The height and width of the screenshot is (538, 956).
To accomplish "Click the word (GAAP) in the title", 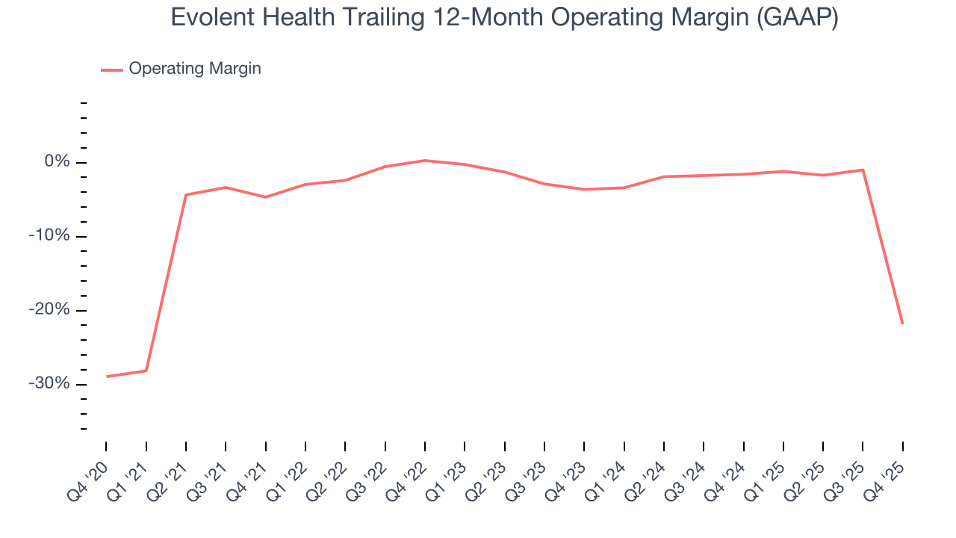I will (797, 18).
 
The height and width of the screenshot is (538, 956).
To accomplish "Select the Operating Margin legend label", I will (195, 69).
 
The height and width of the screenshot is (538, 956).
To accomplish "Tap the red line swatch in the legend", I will (112, 69).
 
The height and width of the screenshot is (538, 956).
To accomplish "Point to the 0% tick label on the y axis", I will (57, 162).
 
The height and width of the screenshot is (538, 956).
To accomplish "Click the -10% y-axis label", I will (50, 236).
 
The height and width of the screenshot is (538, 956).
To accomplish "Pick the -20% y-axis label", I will (50, 310).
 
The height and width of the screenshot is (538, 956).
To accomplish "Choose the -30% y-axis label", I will (50, 384).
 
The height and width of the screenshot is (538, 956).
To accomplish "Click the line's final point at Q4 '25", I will (902, 323).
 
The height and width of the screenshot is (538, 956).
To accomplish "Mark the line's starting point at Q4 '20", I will (106, 377).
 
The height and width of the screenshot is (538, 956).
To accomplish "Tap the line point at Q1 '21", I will (146, 371).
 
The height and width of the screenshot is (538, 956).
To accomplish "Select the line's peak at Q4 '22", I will (424, 161).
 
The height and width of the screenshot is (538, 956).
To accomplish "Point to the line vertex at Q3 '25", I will (863, 170).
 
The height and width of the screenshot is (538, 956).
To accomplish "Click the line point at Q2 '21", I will (186, 195).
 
